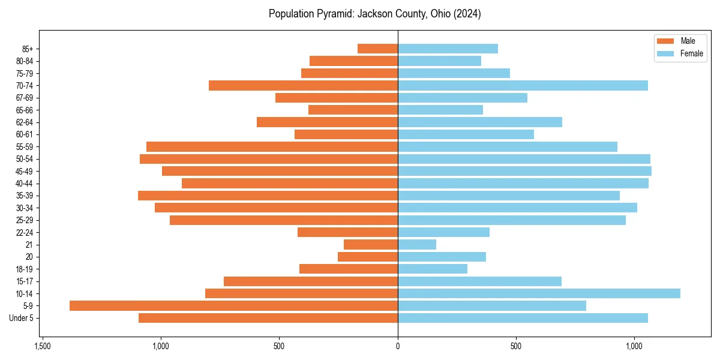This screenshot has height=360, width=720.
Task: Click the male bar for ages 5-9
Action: (233, 306)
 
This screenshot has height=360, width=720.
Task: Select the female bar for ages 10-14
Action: (539, 293)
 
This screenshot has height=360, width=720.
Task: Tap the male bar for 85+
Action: (377, 49)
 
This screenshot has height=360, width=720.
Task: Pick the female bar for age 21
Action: (417, 245)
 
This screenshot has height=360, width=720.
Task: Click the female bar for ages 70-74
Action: (523, 86)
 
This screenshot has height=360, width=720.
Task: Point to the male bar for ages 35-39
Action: (268, 196)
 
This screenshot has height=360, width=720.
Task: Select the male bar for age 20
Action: (368, 257)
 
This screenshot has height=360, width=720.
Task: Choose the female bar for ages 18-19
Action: (433, 269)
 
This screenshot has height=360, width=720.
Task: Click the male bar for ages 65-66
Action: (353, 110)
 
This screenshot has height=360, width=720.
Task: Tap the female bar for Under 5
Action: (523, 318)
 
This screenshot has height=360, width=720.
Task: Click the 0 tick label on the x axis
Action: (398, 347)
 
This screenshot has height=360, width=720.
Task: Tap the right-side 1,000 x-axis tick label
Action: (634, 347)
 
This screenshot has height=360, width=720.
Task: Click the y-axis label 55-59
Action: (25, 147)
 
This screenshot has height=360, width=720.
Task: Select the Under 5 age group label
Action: (21, 318)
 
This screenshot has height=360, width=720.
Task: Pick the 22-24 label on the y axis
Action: (25, 233)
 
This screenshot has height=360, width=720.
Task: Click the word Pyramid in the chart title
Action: (336, 14)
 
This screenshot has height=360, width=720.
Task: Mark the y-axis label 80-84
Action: (25, 61)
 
